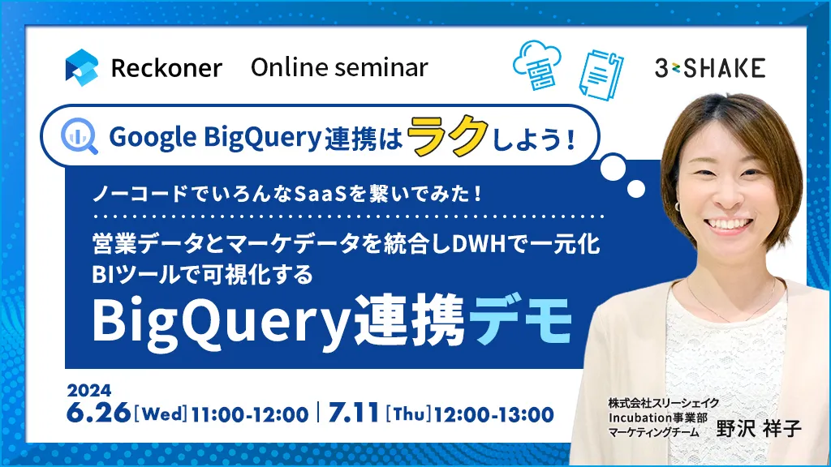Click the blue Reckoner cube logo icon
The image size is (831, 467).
[82, 68]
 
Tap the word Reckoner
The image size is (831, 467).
[166, 68]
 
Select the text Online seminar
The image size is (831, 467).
[339, 67]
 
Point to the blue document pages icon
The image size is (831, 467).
[601, 75]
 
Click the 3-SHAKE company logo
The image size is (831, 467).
[710, 68]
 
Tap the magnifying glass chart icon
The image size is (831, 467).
[79, 136]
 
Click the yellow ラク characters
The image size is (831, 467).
[448, 135]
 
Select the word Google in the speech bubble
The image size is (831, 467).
[153, 138]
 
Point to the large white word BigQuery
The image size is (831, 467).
[222, 323]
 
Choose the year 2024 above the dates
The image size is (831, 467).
[89, 391]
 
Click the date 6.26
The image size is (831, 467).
[98, 413]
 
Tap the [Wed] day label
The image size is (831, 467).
[161, 413]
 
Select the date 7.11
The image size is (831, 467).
[354, 413]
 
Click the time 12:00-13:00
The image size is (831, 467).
[494, 414]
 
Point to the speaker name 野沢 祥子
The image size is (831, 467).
[759, 428]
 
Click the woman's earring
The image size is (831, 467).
[678, 205]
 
